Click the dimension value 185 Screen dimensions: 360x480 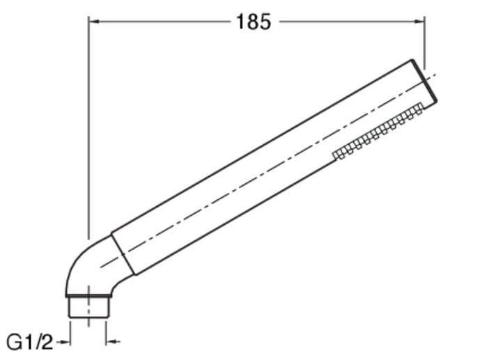tap(253, 22)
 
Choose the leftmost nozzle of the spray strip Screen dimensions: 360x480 tap(336, 154)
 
